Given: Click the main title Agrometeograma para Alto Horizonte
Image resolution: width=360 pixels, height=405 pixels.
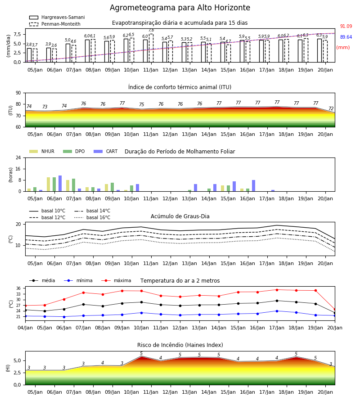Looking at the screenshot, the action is click(x=180, y=8).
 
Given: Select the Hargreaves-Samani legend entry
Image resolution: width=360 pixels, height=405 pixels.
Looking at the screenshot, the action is click(x=57, y=17).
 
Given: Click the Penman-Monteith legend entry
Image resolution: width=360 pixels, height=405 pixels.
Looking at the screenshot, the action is click(x=55, y=24).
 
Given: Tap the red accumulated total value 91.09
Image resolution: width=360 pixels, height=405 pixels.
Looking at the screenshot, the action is click(x=346, y=27).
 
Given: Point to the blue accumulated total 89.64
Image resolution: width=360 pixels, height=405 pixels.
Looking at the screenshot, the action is click(x=346, y=37).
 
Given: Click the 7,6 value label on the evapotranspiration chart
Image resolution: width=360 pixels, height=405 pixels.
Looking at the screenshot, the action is click(x=151, y=31).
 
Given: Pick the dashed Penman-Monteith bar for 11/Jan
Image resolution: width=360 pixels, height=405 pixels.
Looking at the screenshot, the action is click(x=151, y=48).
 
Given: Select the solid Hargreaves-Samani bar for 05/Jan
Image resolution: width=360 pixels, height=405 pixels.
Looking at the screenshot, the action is click(x=29, y=55).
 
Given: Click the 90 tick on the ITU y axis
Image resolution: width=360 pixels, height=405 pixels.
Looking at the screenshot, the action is click(x=18, y=93).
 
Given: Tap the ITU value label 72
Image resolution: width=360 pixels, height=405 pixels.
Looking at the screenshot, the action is click(x=331, y=108).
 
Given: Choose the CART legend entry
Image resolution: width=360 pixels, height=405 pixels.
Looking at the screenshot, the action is click(x=106, y=151).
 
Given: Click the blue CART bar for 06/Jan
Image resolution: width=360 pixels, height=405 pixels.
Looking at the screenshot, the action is click(x=60, y=184).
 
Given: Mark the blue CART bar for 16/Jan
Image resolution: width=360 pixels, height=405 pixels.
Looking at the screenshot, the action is click(x=254, y=186).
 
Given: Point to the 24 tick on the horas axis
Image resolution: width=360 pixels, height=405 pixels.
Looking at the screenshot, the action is click(x=18, y=158).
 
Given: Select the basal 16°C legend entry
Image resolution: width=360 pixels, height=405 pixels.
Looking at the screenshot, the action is click(x=92, y=217).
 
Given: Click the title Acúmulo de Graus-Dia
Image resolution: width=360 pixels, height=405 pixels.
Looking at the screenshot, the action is click(x=180, y=216).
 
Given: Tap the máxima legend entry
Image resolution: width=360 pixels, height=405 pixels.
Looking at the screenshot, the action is click(x=116, y=280).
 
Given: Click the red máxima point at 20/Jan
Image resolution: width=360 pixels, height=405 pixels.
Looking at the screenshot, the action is click(x=335, y=309).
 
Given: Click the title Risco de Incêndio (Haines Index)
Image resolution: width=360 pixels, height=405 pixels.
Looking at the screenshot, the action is click(x=180, y=345).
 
